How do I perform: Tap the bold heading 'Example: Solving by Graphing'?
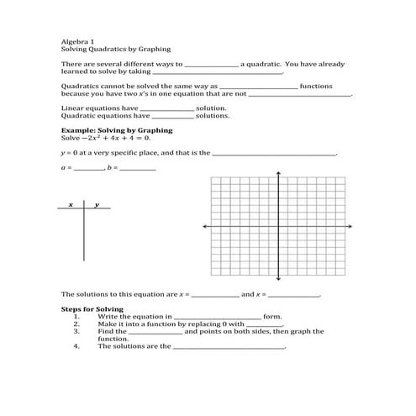(x=117, y=130)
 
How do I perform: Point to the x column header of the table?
(x=71, y=204)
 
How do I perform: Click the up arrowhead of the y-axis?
(x=278, y=173)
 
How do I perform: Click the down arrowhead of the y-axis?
(x=278, y=278)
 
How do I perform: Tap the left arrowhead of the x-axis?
(x=203, y=226)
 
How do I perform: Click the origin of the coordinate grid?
(x=278, y=226)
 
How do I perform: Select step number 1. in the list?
(x=76, y=316)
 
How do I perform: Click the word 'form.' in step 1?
(x=272, y=316)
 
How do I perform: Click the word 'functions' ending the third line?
(x=316, y=86)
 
